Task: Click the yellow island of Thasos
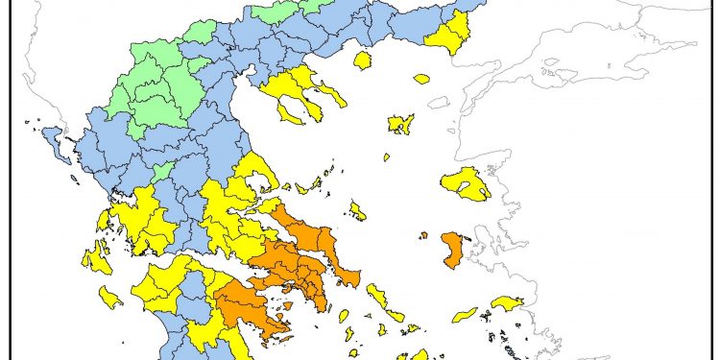[x=362, y=61]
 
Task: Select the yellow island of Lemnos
[x=400, y=123]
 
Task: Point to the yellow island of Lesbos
[x=468, y=182]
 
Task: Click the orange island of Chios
[x=452, y=250]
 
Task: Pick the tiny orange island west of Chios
[x=423, y=234]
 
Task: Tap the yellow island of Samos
[x=506, y=303]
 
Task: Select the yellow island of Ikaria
[x=465, y=314]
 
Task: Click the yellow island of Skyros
[x=357, y=210]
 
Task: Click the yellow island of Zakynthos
[x=110, y=298]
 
